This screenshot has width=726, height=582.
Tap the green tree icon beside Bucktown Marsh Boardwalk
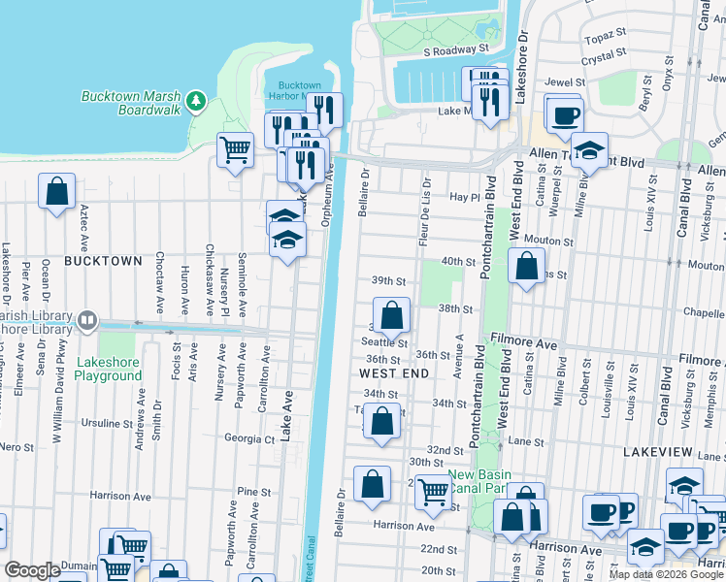(x=196, y=100)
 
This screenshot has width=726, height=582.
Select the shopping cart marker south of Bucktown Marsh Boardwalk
(x=235, y=150)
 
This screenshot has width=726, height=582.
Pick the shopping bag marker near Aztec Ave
(x=57, y=189)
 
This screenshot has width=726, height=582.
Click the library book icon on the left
(x=87, y=319)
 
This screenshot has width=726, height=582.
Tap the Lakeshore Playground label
(x=109, y=370)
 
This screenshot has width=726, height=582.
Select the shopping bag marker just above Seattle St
(x=391, y=314)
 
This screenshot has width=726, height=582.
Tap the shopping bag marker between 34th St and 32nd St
(x=382, y=422)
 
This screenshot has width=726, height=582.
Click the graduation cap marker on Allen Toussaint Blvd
(x=589, y=150)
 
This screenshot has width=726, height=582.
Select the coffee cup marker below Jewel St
(x=564, y=115)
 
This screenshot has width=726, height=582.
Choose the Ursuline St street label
(x=107, y=424)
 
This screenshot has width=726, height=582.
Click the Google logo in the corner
(x=33, y=570)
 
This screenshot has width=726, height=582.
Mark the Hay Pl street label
(x=466, y=197)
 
